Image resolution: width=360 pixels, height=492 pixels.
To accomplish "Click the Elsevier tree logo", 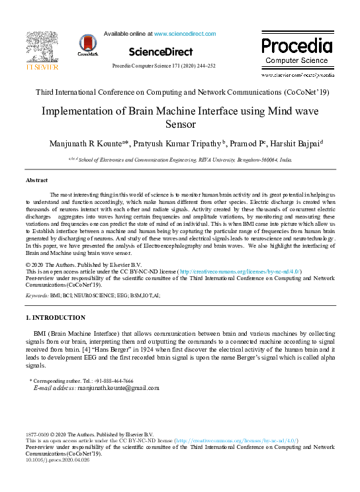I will (41, 46).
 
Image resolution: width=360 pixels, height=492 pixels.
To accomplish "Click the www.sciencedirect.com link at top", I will (181, 32).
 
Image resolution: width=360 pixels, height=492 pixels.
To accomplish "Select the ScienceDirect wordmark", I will (161, 52).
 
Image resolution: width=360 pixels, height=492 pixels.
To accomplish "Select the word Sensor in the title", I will (180, 124).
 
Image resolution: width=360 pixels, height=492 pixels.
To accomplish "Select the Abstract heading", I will (36, 180).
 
